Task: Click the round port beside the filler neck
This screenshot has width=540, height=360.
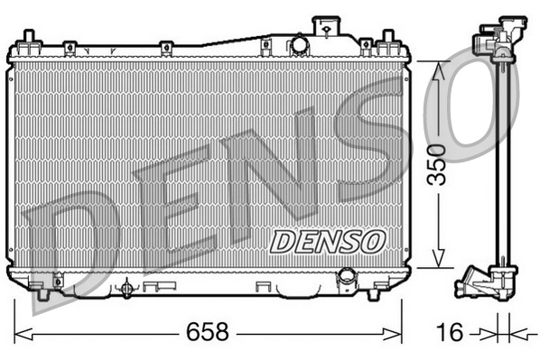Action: tap(299, 45)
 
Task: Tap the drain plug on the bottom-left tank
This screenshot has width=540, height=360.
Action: tap(127, 288)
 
